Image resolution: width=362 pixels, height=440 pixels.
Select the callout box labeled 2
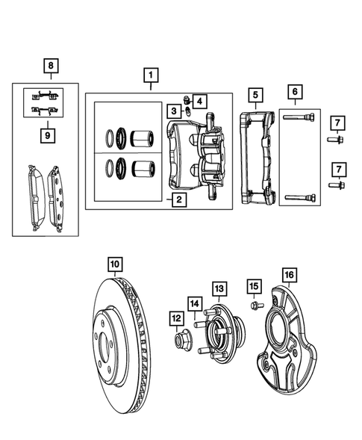[178, 199]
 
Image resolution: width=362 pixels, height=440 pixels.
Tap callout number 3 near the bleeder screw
[172, 111]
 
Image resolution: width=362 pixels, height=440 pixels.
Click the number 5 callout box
[255, 95]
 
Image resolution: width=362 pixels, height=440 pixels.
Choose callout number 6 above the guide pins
[295, 92]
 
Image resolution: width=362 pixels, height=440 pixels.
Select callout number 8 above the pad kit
[50, 66]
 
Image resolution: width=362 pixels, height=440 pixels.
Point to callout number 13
[219, 288]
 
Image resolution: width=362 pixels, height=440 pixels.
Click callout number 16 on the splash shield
[289, 275]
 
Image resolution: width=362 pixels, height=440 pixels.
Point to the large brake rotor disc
[127, 344]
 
